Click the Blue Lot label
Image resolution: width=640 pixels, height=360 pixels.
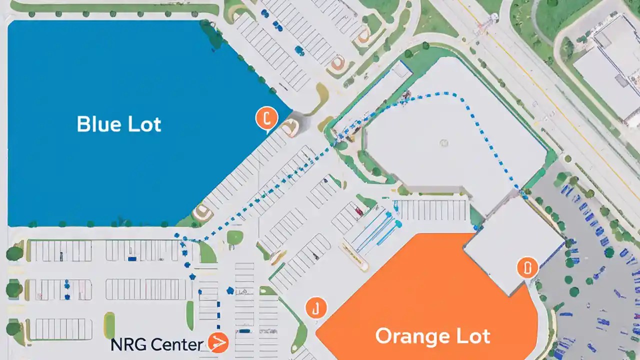click(119, 123)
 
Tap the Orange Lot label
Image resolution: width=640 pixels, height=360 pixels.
click(432, 336)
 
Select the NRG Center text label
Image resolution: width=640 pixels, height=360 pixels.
click(156, 344)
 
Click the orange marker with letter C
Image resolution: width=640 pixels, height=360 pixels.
click(266, 118)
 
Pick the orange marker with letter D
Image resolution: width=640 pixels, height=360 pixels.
click(527, 268)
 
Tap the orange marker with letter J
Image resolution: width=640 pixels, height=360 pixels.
click(315, 308)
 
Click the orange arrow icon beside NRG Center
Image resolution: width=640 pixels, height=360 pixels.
click(218, 343)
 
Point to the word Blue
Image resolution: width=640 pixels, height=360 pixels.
click(99, 123)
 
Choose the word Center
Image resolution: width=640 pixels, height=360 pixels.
click(176, 344)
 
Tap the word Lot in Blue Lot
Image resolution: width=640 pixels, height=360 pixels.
click(144, 123)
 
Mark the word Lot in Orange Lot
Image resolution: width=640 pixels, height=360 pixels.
click(472, 336)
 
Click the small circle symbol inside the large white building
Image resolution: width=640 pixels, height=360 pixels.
click(443, 143)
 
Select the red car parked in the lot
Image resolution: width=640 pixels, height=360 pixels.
click(358, 211)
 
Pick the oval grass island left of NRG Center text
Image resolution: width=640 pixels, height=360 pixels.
click(109, 325)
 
